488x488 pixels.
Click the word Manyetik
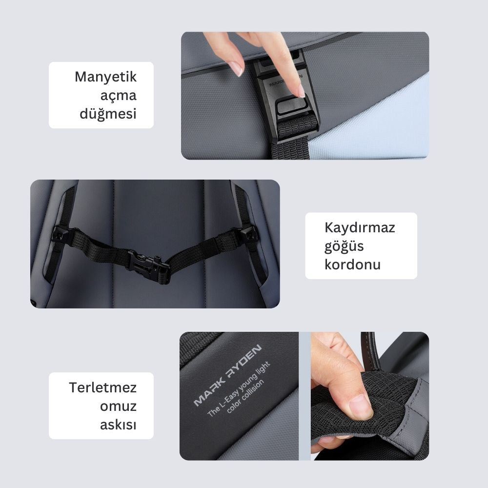(105, 77)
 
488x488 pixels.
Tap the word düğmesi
(108, 114)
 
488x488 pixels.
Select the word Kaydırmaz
(360, 227)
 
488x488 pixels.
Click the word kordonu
(352, 264)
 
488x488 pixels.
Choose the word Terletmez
(102, 388)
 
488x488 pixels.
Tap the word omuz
(118, 406)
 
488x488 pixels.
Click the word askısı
(118, 425)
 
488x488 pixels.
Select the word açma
(118, 96)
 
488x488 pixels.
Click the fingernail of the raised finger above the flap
(238, 69)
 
